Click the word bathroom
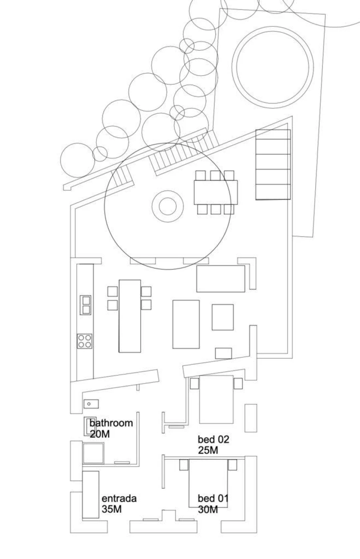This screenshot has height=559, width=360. click(x=111, y=423)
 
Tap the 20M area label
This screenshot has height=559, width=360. click(x=100, y=434)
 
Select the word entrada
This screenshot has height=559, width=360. click(x=119, y=499)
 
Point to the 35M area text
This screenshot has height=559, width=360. click(x=112, y=509)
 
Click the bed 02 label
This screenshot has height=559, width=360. click(x=214, y=439)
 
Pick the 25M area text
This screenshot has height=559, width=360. click(x=208, y=450)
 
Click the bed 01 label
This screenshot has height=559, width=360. click(x=213, y=499)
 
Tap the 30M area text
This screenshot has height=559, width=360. click(x=208, y=509)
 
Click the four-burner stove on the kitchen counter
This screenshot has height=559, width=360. click(x=84, y=341)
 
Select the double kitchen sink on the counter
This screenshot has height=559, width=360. click(x=86, y=305)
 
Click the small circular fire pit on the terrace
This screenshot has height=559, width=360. click(x=168, y=206)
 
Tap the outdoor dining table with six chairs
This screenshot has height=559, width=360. click(x=216, y=192)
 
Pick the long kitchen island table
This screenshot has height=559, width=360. click(x=130, y=315)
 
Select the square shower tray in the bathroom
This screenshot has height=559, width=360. click(x=93, y=453)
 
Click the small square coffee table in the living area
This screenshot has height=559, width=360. click(x=222, y=317)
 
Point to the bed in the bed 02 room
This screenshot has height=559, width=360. click(x=216, y=399)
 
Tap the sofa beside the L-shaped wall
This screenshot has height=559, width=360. click(x=220, y=279)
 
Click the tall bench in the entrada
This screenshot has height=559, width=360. click(x=90, y=495)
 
